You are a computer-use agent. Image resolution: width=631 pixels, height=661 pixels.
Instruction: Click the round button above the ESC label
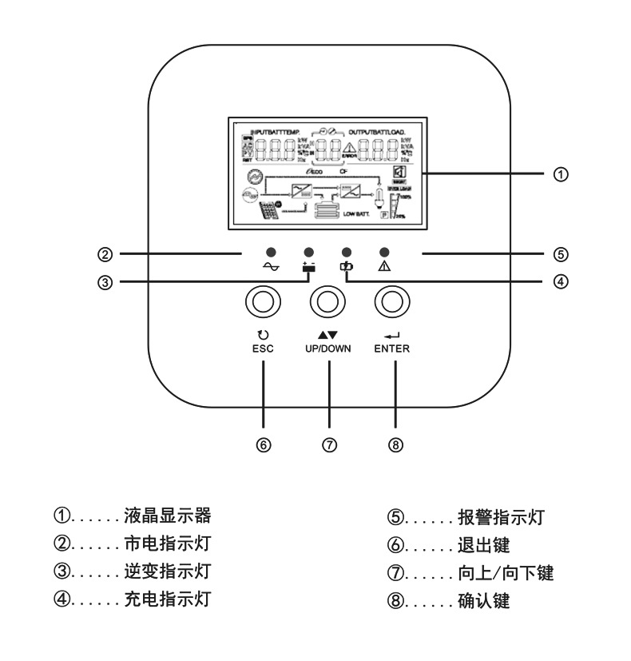pyautogui.click(x=261, y=301)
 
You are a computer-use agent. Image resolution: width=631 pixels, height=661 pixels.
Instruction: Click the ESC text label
pyautogui.click(x=262, y=349)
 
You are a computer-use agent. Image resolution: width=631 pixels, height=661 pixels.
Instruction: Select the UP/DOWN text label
pyautogui.click(x=327, y=349)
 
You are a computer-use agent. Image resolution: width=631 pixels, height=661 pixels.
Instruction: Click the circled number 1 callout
pyautogui.click(x=563, y=173)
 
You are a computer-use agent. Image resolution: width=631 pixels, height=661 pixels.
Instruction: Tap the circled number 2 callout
pyautogui.click(x=105, y=255)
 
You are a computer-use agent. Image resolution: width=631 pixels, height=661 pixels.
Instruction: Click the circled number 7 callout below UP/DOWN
pyautogui.click(x=329, y=444)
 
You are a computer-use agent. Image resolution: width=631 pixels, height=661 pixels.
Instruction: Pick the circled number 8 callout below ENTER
pyautogui.click(x=394, y=444)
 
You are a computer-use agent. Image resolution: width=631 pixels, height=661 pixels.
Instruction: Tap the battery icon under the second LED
pyautogui.click(x=308, y=267)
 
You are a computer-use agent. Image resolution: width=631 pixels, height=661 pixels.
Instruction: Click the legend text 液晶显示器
pyautogui.click(x=167, y=514)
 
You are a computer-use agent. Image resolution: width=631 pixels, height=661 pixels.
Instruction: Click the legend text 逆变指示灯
pyautogui.click(x=167, y=571)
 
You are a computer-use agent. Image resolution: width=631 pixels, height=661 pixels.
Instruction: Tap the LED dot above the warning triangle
pyautogui.click(x=384, y=250)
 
